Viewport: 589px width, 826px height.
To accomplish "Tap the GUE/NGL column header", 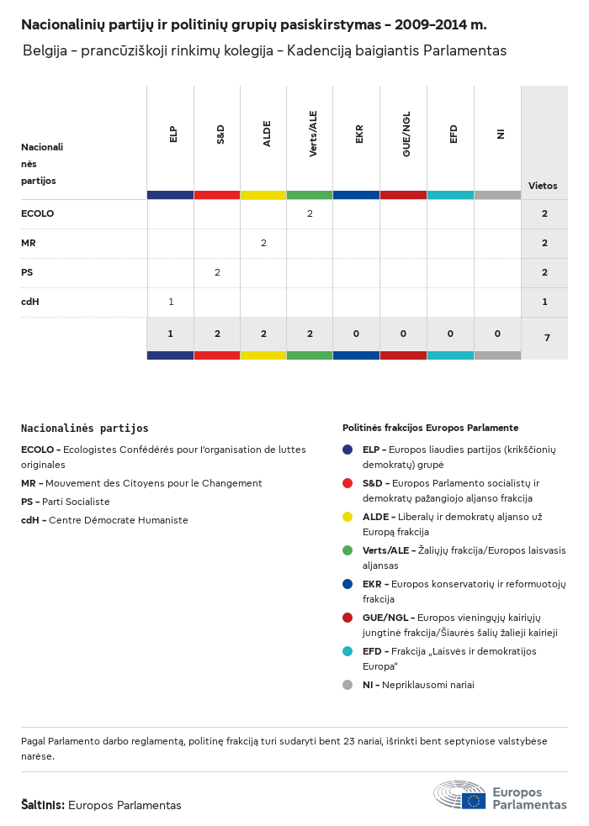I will coord(406,135).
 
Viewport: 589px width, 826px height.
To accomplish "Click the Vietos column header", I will coord(543,186).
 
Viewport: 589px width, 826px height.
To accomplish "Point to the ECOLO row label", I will coord(37,213).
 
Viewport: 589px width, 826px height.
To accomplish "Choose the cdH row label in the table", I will coord(30,302).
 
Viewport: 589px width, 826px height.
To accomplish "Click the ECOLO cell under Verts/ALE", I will coord(310,213).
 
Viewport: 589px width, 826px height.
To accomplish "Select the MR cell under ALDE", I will coord(263,243).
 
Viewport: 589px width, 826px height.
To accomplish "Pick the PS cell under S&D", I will coord(217,272).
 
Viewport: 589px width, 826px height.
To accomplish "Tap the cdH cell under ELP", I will coord(171,302).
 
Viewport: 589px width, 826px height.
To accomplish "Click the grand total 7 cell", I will coord(547,338).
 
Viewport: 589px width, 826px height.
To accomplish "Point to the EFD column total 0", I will coord(450,334).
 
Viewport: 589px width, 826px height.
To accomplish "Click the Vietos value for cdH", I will coord(544,302).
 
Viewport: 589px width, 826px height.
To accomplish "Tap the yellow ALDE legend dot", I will coord(348,517).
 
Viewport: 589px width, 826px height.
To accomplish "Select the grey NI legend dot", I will coord(348,685).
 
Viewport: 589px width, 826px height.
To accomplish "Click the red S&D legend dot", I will coord(348,483).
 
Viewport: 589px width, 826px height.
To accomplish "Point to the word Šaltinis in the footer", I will coord(42,805).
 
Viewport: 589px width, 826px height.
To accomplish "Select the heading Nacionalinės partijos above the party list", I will coord(84,429).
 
